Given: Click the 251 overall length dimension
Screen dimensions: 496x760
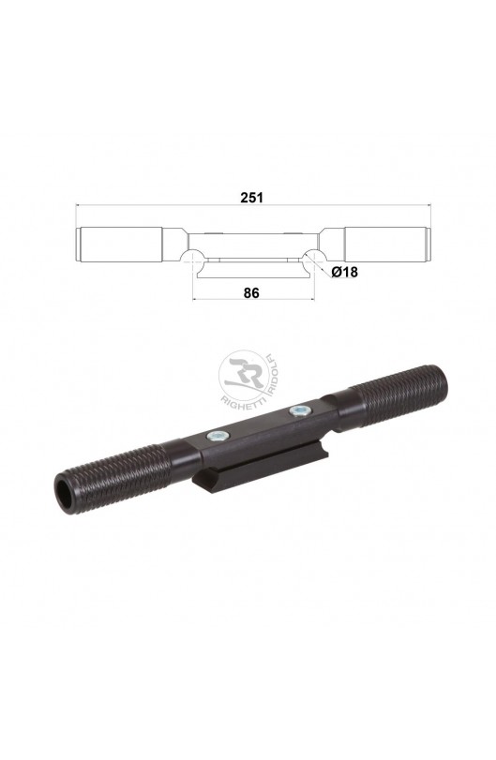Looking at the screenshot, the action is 251,198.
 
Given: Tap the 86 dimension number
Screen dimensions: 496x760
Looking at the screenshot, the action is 251,292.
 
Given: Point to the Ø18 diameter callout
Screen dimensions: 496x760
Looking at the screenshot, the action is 345,273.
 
